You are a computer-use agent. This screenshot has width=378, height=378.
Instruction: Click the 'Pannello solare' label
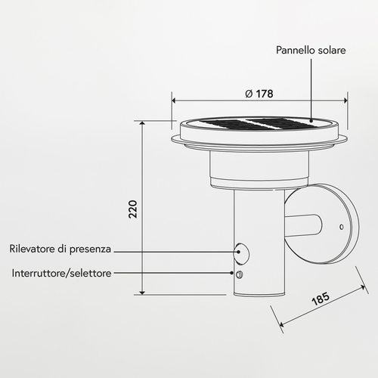click(310, 50)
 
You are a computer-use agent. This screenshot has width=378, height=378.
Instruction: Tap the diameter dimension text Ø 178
click(259, 94)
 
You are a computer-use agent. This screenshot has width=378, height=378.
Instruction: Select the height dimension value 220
click(133, 209)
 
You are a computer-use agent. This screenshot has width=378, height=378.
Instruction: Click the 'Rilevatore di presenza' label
click(60, 249)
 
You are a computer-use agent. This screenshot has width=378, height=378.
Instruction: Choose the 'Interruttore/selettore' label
click(61, 273)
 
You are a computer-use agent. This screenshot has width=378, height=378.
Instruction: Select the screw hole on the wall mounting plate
click(341, 227)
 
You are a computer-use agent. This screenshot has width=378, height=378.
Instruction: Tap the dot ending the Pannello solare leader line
click(310, 119)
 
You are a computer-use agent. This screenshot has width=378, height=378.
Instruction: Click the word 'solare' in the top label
click(330, 50)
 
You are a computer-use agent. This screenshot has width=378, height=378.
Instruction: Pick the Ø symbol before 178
click(249, 94)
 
